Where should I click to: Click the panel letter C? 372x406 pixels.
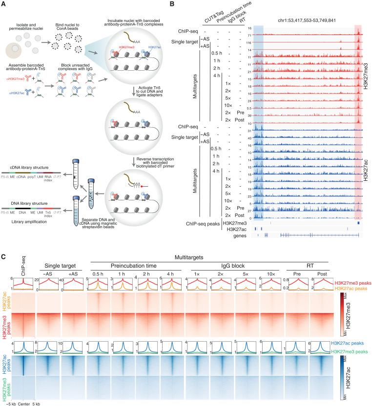(x=3, y=254)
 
